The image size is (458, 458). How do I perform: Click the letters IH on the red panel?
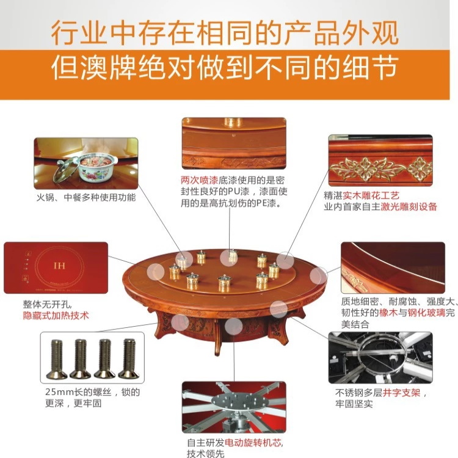(x=59, y=266)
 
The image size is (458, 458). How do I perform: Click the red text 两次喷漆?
(x=200, y=180)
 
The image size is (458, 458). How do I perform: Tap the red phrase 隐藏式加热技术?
(x=56, y=316)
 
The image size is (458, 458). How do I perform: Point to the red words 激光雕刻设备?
(x=409, y=207)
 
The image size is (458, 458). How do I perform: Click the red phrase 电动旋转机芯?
(x=253, y=443)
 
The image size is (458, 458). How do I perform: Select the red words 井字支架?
(x=402, y=393)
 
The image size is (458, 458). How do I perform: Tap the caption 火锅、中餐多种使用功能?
(x=86, y=197)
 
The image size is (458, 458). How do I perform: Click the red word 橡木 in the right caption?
(x=388, y=313)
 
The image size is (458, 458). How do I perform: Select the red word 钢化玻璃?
(x=426, y=313)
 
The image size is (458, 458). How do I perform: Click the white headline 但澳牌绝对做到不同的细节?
(x=225, y=68)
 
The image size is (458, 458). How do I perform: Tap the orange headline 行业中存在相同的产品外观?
(x=225, y=33)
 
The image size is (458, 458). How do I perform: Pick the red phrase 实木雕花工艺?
(x=371, y=195)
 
